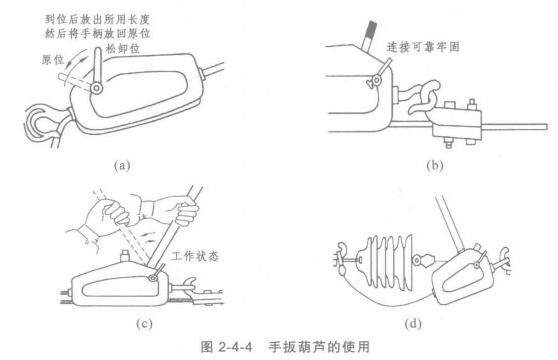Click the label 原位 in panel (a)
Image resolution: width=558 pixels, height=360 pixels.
(x=53, y=60)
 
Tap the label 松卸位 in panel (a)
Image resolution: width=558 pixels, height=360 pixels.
(x=123, y=49)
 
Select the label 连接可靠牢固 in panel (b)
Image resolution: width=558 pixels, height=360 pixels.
(x=423, y=47)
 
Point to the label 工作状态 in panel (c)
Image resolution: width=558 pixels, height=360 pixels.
(x=195, y=256)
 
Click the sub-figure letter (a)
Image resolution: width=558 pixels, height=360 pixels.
(x=122, y=165)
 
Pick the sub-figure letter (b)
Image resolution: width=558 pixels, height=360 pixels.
(x=435, y=165)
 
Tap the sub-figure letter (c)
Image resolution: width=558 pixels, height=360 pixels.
(x=144, y=323)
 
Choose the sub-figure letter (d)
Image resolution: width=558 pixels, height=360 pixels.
(x=413, y=323)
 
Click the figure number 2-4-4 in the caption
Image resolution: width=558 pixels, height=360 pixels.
(x=235, y=346)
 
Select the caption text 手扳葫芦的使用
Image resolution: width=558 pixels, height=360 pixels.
(x=319, y=346)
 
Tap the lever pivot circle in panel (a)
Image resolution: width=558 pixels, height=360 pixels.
(x=96, y=88)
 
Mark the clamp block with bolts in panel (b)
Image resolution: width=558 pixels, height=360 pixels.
(x=457, y=123)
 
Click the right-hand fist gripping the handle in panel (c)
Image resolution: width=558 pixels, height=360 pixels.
(x=185, y=212)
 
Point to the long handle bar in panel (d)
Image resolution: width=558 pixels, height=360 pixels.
(x=449, y=225)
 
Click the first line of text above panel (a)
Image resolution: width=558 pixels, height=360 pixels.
(x=98, y=19)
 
